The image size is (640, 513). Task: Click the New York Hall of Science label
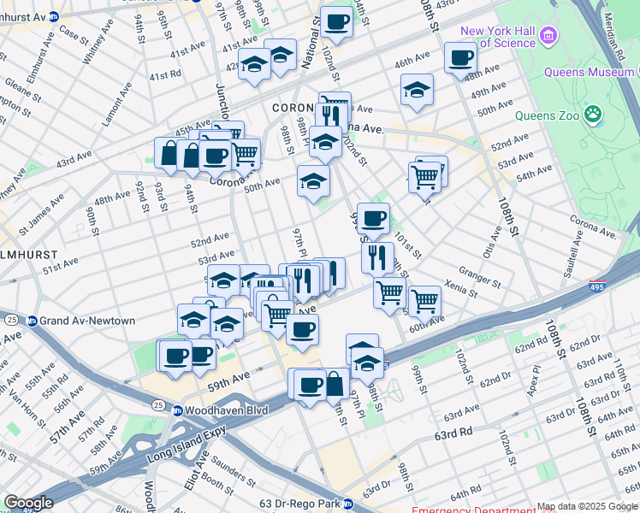click(498, 37)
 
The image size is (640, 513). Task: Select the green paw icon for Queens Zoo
click(592, 113)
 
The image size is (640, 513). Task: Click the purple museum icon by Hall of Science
click(548, 36)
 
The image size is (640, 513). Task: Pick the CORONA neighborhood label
click(295, 109)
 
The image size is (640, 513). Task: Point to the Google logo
click(28, 502)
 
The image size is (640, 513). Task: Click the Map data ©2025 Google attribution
click(587, 507)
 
